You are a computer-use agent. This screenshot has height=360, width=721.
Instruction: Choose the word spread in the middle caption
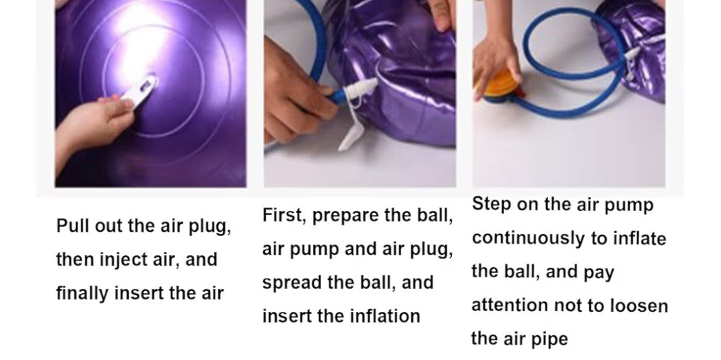[x=291, y=282]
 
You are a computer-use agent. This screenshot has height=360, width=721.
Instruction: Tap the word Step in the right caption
[x=491, y=204]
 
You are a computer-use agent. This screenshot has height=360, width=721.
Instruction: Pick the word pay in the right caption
[x=599, y=272]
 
